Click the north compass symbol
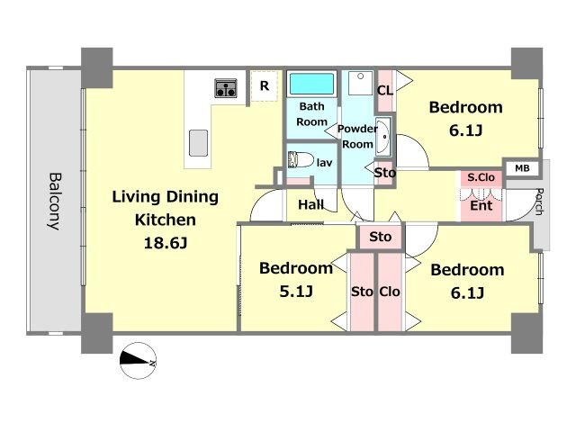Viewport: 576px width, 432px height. tap(138, 360)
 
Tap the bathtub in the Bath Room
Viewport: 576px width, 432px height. tap(312, 84)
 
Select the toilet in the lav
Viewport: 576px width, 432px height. tap(300, 160)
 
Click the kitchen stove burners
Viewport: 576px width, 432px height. tap(226, 88)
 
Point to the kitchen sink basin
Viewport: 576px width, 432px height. tap(198, 143)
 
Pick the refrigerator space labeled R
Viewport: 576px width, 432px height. tap(265, 86)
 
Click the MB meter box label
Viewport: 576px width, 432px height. tap(522, 168)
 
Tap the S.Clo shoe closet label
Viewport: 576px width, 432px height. tap(481, 178)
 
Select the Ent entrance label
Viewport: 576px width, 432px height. tap(481, 206)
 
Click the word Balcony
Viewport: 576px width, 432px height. tap(55, 202)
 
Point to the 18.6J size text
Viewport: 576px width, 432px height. tap(166, 243)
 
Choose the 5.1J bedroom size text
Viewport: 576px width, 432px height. tap(296, 292)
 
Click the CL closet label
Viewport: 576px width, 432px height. tap(385, 90)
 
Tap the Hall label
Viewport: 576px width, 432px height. tap(310, 204)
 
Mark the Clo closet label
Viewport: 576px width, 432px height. tap(390, 292)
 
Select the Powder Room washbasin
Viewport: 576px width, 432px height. tap(382, 137)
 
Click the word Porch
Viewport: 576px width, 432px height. tap(539, 202)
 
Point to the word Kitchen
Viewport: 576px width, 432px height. tap(166, 220)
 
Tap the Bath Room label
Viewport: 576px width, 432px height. tap(312, 114)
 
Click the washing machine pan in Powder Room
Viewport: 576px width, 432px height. tap(361, 83)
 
